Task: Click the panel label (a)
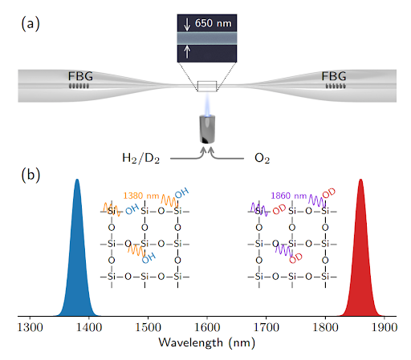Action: pyautogui.click(x=31, y=23)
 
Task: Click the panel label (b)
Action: pyautogui.click(x=31, y=175)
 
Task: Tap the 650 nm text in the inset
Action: pyautogui.click(x=213, y=23)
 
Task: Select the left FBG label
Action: pyautogui.click(x=80, y=76)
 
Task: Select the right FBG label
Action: pyautogui.click(x=334, y=76)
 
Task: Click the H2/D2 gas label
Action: pyautogui.click(x=140, y=158)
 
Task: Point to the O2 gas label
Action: pyautogui.click(x=262, y=158)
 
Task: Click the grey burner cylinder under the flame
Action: pyautogui.click(x=207, y=129)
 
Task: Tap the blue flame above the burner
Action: pyautogui.click(x=207, y=105)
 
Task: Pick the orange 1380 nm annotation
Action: pyautogui.click(x=141, y=196)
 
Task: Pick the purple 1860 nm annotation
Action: pyautogui.click(x=289, y=196)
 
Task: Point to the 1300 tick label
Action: pyautogui.click(x=30, y=327)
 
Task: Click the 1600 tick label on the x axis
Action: pyautogui.click(x=207, y=327)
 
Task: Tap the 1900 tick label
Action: pyautogui.click(x=385, y=327)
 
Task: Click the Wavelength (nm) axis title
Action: pyautogui.click(x=207, y=343)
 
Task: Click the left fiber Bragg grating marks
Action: pyautogui.click(x=79, y=86)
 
